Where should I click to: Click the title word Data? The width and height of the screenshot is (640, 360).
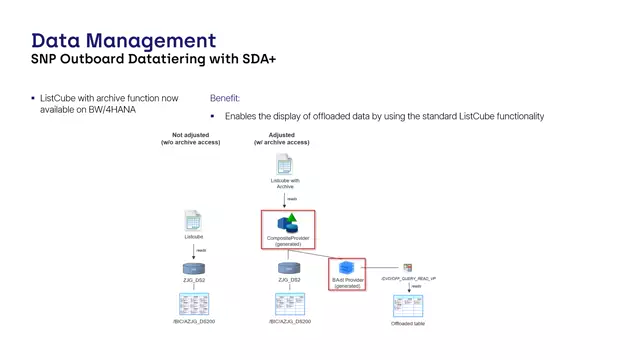click(x=58, y=40)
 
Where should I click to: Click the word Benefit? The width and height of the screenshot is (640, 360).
click(x=224, y=98)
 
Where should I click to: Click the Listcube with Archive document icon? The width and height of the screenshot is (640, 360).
click(x=284, y=165)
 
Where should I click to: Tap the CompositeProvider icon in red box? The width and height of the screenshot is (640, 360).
click(x=288, y=223)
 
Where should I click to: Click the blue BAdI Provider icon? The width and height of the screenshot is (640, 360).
click(x=347, y=268)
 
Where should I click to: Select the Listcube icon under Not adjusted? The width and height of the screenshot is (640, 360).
click(x=193, y=222)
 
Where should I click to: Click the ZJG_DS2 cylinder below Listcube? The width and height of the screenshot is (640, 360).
click(x=193, y=269)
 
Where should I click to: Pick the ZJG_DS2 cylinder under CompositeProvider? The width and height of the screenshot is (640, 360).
click(x=288, y=269)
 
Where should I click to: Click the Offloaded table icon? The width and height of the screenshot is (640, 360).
click(x=407, y=305)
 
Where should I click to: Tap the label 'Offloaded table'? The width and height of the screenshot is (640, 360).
click(x=407, y=323)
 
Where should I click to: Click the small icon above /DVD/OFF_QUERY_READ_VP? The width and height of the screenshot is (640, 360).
click(x=408, y=268)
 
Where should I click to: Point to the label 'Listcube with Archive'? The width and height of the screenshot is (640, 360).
click(x=284, y=183)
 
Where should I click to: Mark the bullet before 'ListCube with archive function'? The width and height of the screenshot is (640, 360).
click(x=32, y=98)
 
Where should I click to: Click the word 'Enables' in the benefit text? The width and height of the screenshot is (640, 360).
click(x=242, y=116)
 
